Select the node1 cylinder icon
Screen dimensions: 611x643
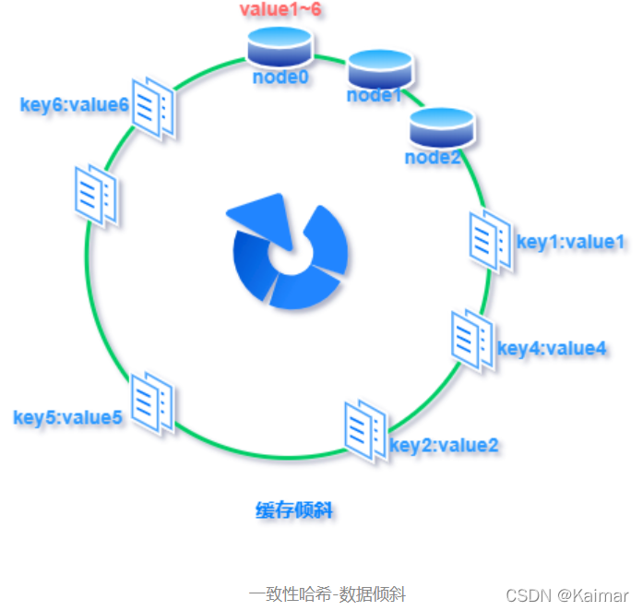click(x=379, y=66)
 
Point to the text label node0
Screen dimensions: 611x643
click(x=280, y=78)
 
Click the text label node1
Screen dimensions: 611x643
click(x=375, y=95)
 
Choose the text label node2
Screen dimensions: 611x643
click(x=433, y=157)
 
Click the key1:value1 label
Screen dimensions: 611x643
click(x=570, y=242)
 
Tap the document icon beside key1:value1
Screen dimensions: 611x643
click(x=490, y=242)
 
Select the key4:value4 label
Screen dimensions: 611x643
click(x=552, y=348)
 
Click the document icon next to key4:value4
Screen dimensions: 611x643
click(x=471, y=340)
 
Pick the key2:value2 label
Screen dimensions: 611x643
click(x=445, y=445)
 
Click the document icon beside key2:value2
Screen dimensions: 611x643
click(x=364, y=430)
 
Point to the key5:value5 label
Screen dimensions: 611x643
click(x=67, y=416)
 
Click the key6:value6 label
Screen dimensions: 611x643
click(x=74, y=104)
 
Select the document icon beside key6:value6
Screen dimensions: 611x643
click(x=154, y=108)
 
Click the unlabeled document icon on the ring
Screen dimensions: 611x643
click(x=95, y=193)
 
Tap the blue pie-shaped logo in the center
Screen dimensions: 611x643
click(x=287, y=252)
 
